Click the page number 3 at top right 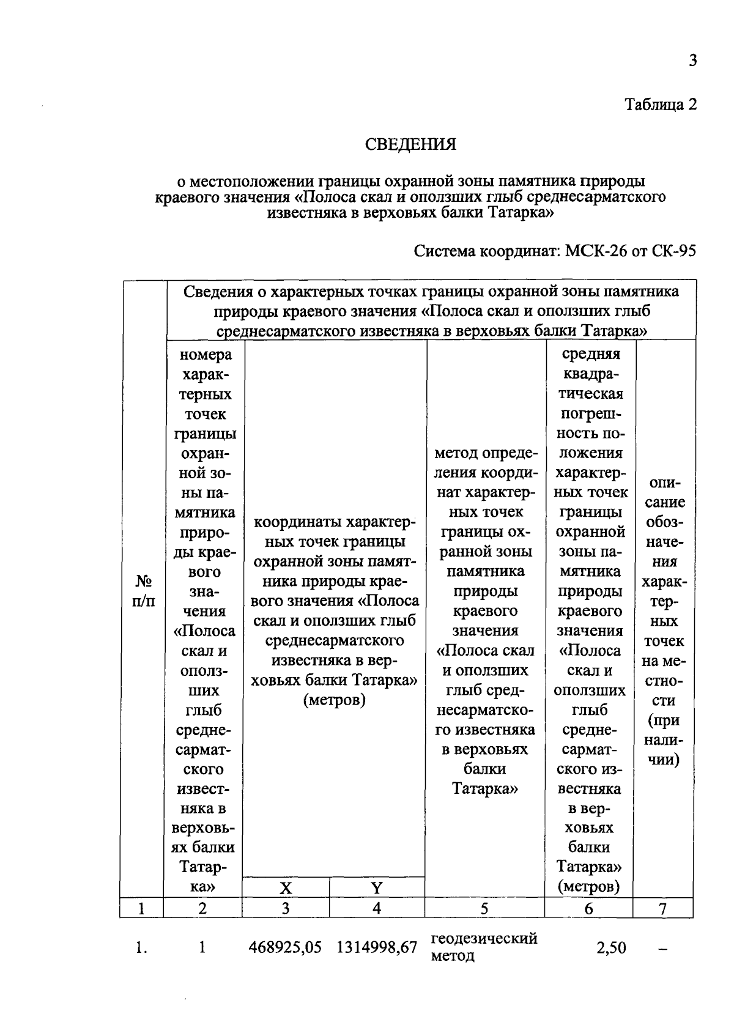coord(692,61)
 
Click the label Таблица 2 coord(660,105)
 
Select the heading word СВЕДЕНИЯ coord(410,144)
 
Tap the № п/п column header coord(143,590)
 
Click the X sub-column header coord(286,888)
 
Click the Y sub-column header coord(377,888)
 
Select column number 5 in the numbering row coord(484,909)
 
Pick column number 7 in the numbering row coord(662,909)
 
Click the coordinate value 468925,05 coord(285,947)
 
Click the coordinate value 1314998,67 coord(377,947)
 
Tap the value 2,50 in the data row coord(611,948)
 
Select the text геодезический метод coord(483,947)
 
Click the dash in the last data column coord(662,949)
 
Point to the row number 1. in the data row coord(141,948)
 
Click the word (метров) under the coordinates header coord(335,700)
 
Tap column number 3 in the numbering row coord(286,909)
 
